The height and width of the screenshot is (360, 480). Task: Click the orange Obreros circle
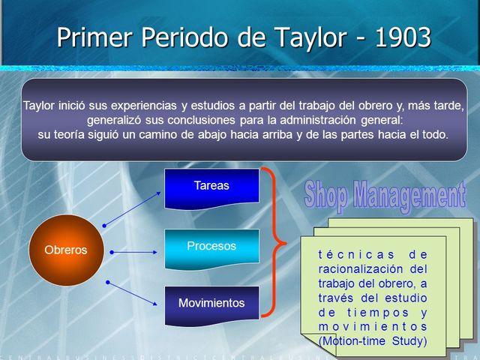tap(65, 250)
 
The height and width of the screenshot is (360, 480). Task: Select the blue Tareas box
tap(211, 186)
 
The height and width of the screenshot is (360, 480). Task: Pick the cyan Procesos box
tap(211, 247)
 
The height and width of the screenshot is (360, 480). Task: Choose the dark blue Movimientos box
tap(211, 304)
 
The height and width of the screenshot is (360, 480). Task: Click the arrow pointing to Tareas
tap(135, 207)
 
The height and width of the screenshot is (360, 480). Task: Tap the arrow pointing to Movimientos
tap(135, 294)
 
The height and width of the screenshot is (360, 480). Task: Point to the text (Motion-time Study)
tap(373, 341)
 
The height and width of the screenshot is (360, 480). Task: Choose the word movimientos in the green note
tap(373, 327)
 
